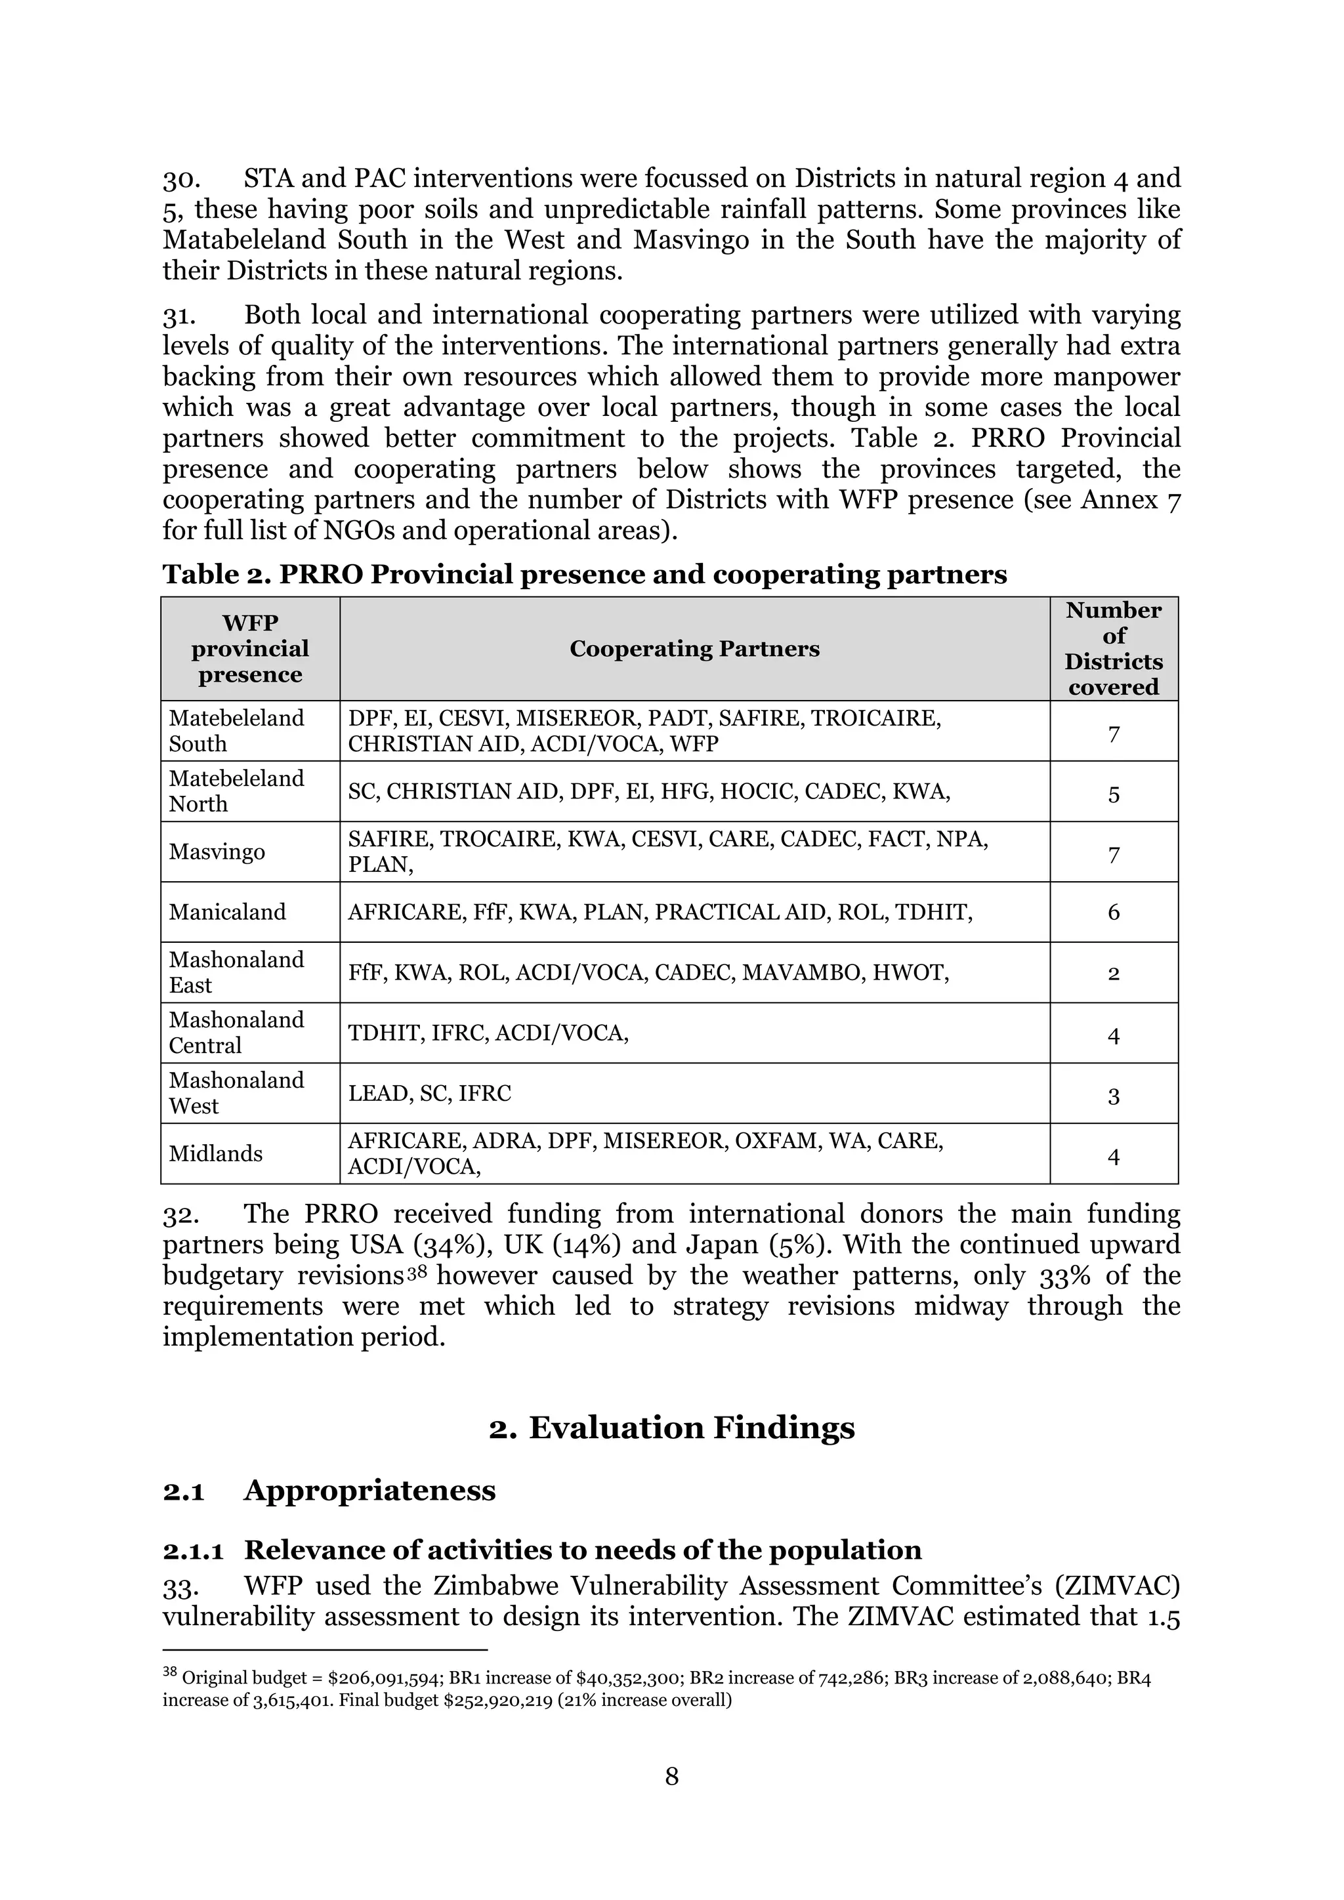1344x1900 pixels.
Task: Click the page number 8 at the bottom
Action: (x=671, y=1776)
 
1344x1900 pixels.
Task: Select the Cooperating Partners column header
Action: (x=694, y=649)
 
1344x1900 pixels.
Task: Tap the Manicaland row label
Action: (x=228, y=912)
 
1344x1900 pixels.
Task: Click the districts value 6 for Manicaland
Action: (x=1113, y=912)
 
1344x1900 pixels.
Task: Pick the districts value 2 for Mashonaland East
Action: (x=1113, y=973)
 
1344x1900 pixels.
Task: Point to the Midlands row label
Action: (x=216, y=1153)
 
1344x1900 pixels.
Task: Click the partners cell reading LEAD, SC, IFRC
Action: (x=430, y=1093)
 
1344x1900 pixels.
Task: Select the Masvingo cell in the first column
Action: (x=217, y=852)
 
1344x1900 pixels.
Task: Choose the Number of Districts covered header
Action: (x=1113, y=649)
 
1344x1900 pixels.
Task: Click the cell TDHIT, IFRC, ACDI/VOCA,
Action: (x=488, y=1033)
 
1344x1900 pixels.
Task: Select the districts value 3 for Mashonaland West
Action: (x=1113, y=1096)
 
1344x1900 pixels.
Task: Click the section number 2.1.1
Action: (x=193, y=1550)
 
